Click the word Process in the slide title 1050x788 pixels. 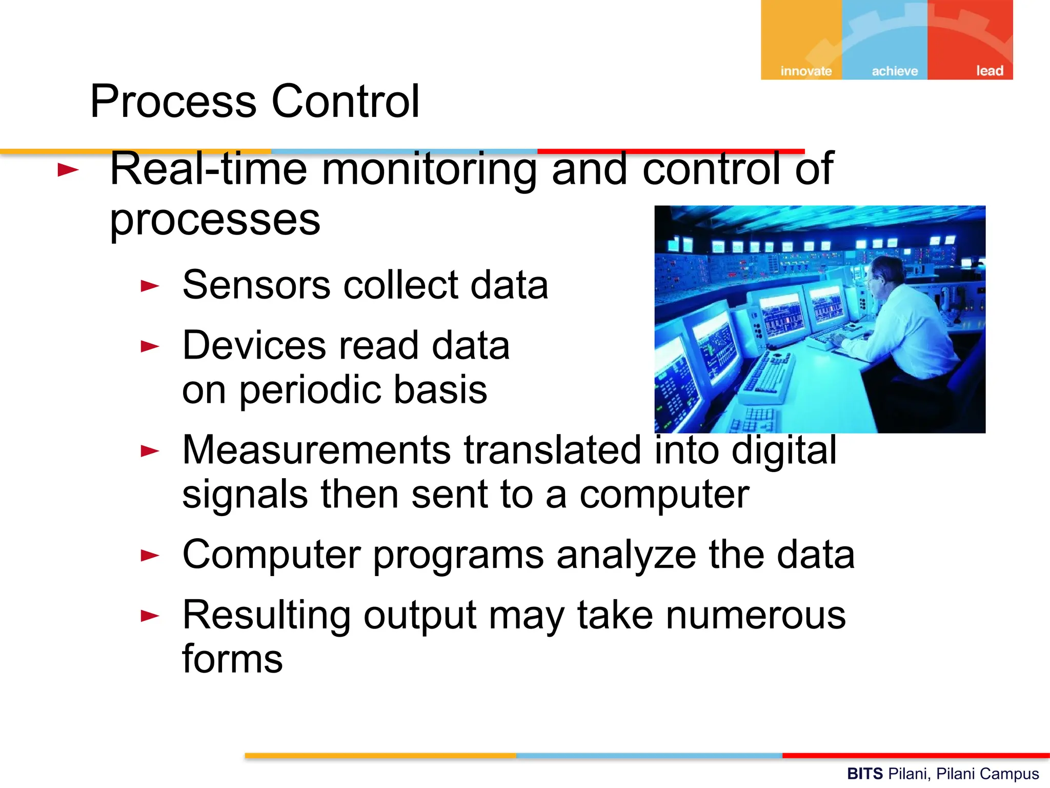click(x=173, y=101)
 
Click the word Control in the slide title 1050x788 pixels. click(x=345, y=101)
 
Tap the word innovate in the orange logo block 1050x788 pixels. click(x=805, y=71)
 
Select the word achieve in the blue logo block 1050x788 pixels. click(x=895, y=71)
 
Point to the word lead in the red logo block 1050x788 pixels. click(x=989, y=70)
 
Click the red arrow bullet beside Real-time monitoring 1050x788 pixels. click(x=68, y=170)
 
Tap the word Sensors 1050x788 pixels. click(x=256, y=285)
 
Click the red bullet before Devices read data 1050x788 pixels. click(x=150, y=346)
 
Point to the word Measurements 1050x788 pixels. click(x=317, y=450)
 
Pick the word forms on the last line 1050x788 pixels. click(x=232, y=659)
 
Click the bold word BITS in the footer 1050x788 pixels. click(x=864, y=774)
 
